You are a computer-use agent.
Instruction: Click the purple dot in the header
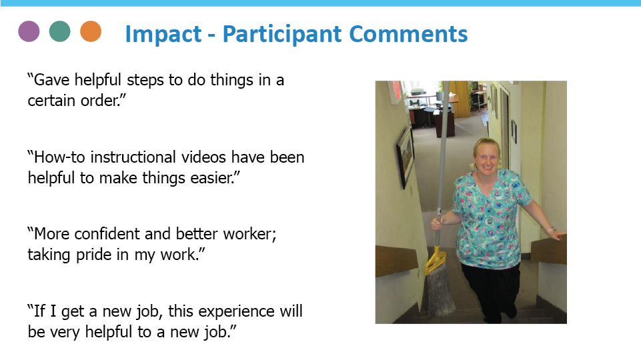[29, 31]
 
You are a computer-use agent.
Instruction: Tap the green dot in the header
[59, 31]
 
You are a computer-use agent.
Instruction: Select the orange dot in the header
[91, 31]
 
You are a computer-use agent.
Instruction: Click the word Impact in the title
[163, 34]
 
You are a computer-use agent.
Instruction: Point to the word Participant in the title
[282, 34]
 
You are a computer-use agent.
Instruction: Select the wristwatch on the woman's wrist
[552, 229]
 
